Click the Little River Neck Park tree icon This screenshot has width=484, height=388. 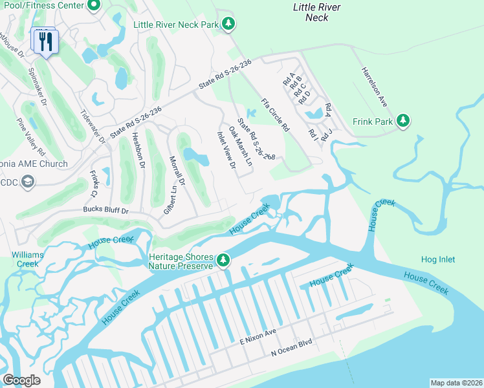pyautogui.click(x=228, y=24)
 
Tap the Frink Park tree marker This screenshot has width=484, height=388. pyautogui.click(x=403, y=121)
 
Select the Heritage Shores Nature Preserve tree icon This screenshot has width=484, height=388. pyautogui.click(x=223, y=260)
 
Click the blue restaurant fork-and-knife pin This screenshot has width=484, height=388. pyautogui.click(x=45, y=42)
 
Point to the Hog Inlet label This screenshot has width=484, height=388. pyautogui.click(x=438, y=260)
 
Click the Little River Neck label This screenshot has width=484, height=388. pyautogui.click(x=316, y=12)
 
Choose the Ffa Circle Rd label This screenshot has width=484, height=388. pyautogui.click(x=275, y=114)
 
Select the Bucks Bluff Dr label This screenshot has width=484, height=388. pyautogui.click(x=106, y=211)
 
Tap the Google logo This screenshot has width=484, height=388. pyautogui.click(x=21, y=380)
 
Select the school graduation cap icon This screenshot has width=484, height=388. pyautogui.click(x=28, y=182)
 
